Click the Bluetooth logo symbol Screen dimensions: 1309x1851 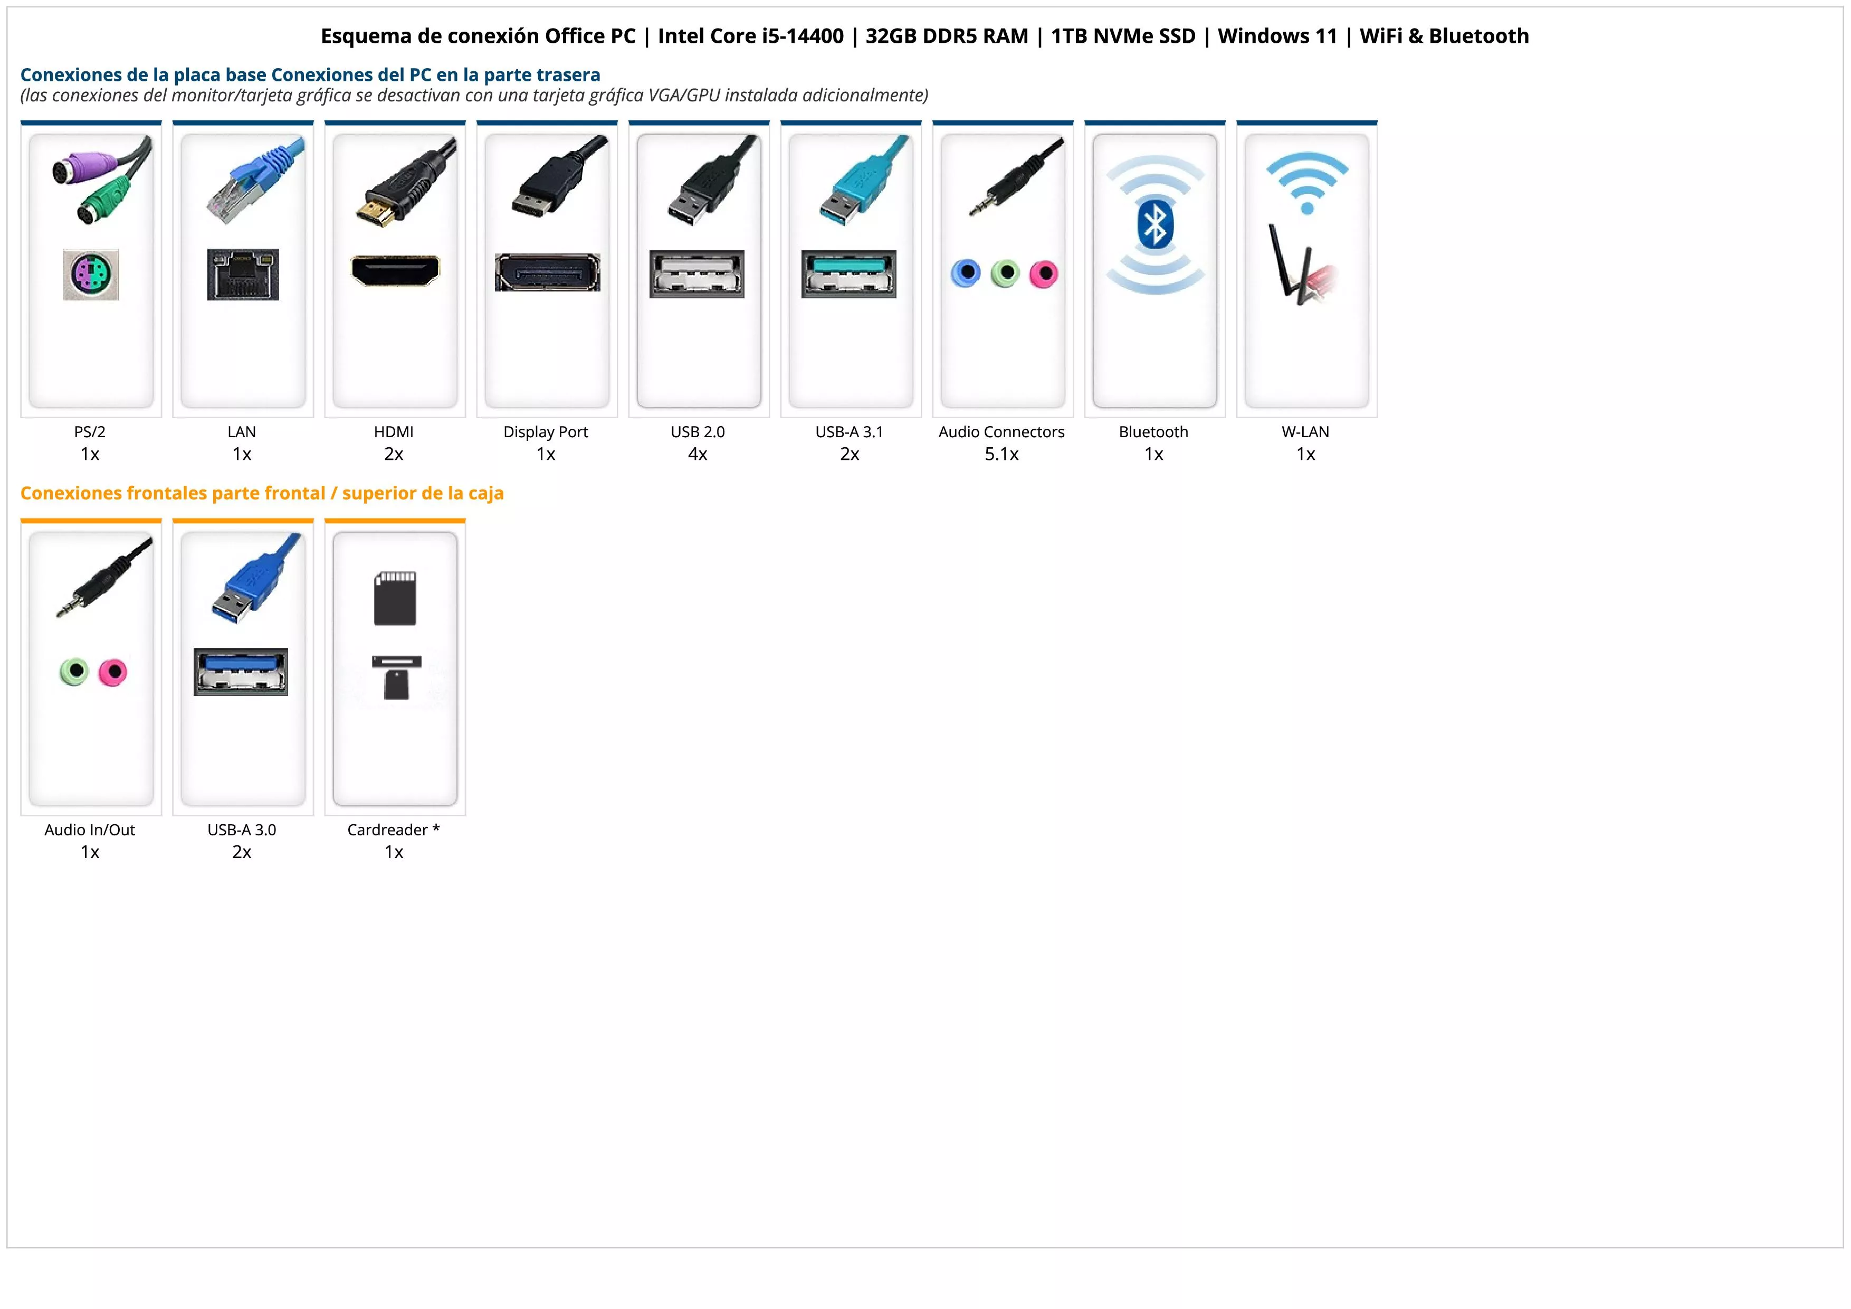1155,225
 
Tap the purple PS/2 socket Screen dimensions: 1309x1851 91,274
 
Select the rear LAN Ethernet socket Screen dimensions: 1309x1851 243,274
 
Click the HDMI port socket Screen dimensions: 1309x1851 395,270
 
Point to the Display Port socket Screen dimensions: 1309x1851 547,272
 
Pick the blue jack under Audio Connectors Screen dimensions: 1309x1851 966,274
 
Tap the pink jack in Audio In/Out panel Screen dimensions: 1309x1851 113,672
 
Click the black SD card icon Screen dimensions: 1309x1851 395,598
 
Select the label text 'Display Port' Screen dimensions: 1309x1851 546,432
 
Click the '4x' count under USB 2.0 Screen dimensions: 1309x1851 698,454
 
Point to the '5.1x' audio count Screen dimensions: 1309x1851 1001,454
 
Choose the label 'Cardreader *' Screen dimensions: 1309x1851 394,830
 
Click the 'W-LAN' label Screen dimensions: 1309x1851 1305,432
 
